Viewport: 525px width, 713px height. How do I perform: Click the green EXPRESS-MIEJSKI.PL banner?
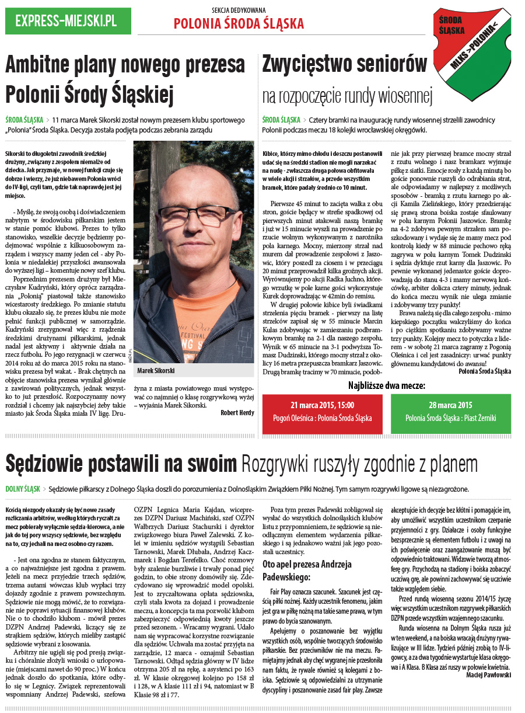tap(68, 21)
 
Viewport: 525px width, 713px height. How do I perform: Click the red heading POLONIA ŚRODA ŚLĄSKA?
tap(239, 23)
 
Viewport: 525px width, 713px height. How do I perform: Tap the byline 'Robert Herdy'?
tap(237, 412)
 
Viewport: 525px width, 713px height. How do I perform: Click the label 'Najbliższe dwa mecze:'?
tap(387, 385)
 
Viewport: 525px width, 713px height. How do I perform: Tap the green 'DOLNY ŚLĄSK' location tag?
tap(23, 489)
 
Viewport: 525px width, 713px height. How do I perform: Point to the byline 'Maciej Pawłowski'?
tap(488, 674)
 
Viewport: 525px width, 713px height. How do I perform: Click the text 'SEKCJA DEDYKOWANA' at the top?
tap(239, 11)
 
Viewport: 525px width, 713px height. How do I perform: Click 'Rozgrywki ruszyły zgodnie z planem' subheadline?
tap(359, 465)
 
